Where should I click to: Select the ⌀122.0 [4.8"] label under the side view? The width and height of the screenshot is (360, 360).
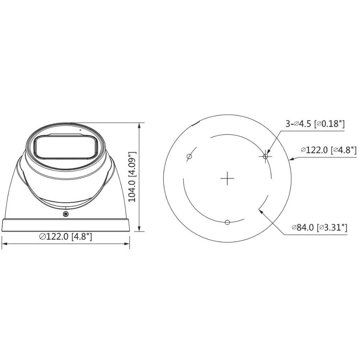pyautogui.click(x=66, y=237)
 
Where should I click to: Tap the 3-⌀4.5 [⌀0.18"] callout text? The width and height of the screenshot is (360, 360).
pyautogui.click(x=315, y=124)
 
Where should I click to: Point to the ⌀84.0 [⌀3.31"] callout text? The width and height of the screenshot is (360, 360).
pyautogui.click(x=319, y=227)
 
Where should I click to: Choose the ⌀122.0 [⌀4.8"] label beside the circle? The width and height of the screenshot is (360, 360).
pyautogui.click(x=329, y=150)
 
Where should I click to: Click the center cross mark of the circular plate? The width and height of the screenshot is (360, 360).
pyautogui.click(x=227, y=178)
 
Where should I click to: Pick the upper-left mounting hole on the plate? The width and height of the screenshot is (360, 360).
pyautogui.click(x=189, y=156)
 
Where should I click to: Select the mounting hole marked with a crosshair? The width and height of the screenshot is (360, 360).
pyautogui.click(x=266, y=156)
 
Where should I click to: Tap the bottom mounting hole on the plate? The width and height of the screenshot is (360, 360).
pyautogui.click(x=227, y=222)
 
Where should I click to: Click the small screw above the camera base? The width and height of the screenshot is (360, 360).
pyautogui.click(x=66, y=215)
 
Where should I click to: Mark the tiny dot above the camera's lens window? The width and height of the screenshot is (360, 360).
pyautogui.click(x=80, y=129)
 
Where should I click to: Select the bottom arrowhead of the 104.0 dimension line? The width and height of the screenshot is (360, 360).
pyautogui.click(x=140, y=229)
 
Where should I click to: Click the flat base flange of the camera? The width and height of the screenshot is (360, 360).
pyautogui.click(x=66, y=225)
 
